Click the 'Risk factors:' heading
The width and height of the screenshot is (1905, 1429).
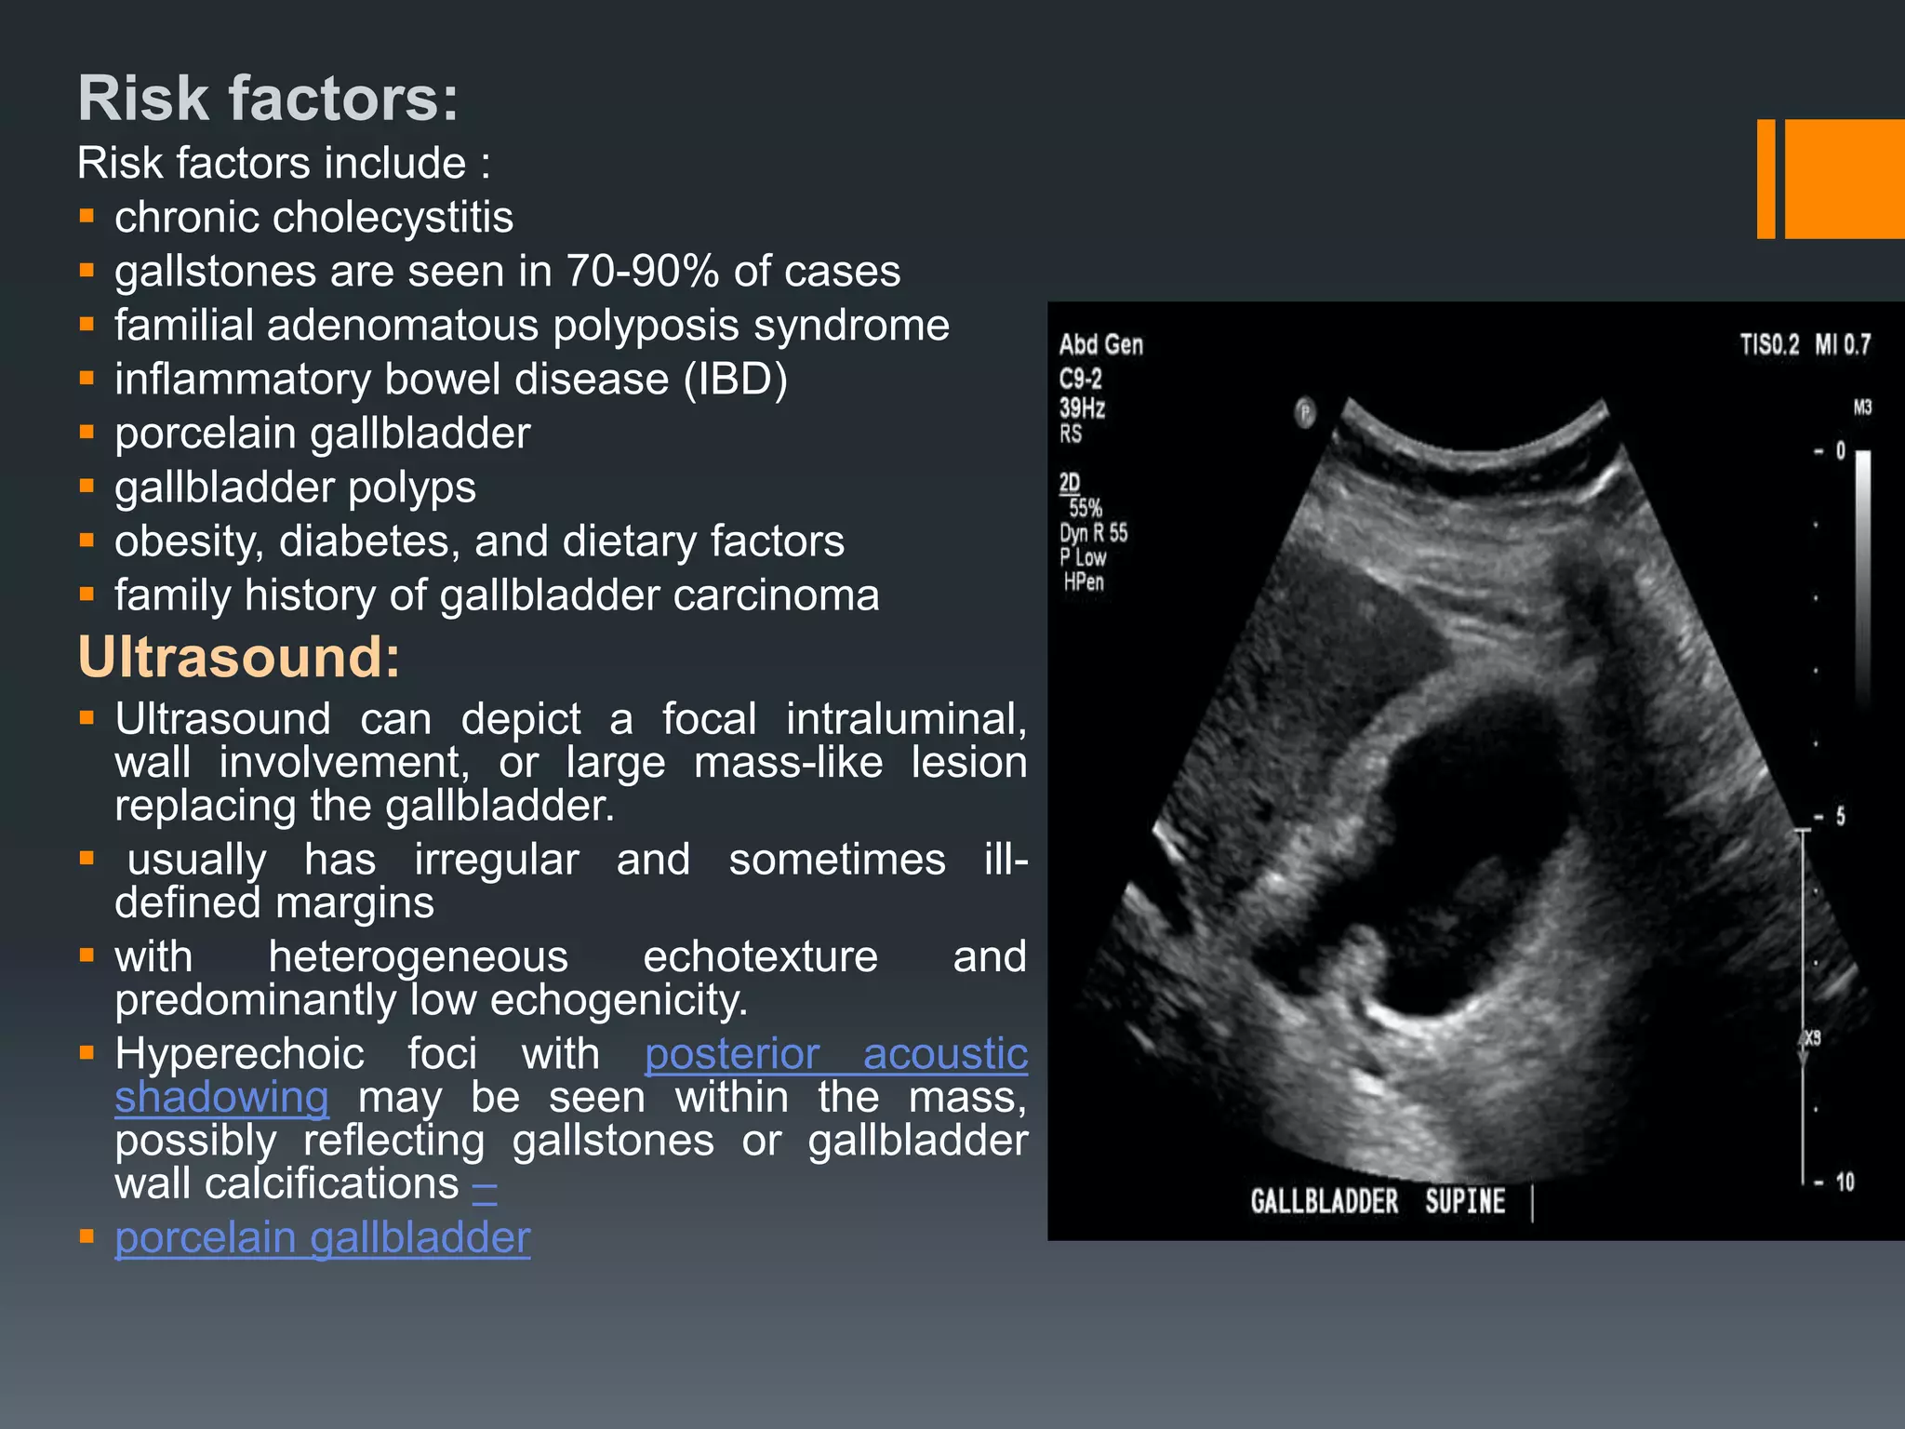pos(268,98)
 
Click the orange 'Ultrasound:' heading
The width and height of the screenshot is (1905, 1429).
pos(239,657)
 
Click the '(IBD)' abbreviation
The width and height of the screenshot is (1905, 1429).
pos(736,380)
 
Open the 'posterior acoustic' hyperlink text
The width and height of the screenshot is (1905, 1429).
pos(835,1054)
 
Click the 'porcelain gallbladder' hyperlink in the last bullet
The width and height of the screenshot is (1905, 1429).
pos(322,1238)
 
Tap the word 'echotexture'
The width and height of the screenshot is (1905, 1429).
pos(760,957)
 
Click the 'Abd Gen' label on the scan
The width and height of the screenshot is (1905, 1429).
pos(1101,345)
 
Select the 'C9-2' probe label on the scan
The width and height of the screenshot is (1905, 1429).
pos(1080,379)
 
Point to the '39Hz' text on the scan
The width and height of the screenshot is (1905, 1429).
pos(1082,407)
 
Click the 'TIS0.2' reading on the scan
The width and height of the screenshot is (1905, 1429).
pos(1769,345)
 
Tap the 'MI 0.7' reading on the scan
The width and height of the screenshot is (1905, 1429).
pos(1843,345)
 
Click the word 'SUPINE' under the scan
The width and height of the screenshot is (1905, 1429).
pos(1465,1201)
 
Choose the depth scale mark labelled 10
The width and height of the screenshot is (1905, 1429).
pos(1844,1182)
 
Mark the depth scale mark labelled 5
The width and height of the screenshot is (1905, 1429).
pos(1839,817)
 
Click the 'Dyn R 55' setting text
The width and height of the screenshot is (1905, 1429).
pos(1093,533)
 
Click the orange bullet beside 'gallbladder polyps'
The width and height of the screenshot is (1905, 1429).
pos(87,486)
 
